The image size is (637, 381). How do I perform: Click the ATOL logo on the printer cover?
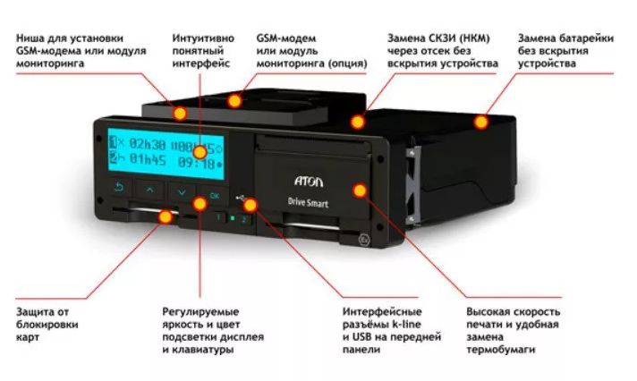click(x=309, y=181)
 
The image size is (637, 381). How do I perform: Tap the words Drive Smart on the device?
click(x=308, y=202)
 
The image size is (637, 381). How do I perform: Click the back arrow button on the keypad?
click(x=119, y=187)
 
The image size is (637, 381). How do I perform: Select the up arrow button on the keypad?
click(x=150, y=190)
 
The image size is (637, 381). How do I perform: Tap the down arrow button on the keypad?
click(x=182, y=191)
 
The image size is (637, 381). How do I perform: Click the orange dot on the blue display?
click(x=200, y=153)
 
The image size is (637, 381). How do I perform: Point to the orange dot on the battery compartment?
click(x=481, y=122)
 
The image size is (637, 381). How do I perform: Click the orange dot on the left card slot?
click(x=165, y=216)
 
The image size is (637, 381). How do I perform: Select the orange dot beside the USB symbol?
click(x=251, y=205)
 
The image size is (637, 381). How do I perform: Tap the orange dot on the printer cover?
click(x=360, y=190)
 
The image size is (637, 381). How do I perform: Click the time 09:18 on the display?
click(x=196, y=163)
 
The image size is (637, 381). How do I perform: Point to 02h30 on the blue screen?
click(x=147, y=143)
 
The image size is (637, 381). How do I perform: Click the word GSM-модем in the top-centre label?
click(x=286, y=38)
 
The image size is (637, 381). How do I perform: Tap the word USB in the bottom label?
click(x=362, y=336)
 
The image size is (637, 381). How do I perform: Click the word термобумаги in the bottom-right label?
click(x=500, y=350)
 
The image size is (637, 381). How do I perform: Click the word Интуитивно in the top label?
click(x=203, y=38)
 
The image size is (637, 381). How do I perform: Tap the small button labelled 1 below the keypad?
click(x=219, y=217)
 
